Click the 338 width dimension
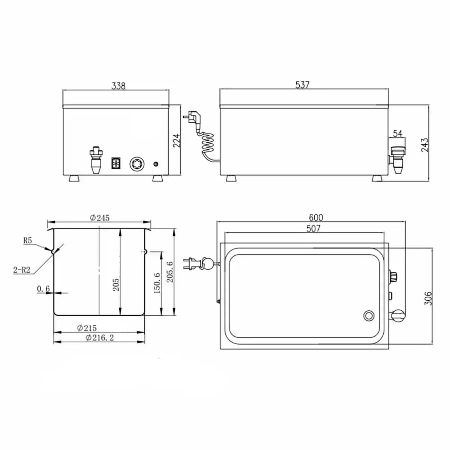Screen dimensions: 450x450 118,86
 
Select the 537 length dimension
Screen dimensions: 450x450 302,85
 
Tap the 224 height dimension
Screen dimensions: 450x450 177,140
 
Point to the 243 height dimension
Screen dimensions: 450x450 425,145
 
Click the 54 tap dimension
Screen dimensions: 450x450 398,133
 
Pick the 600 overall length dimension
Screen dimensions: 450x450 316,217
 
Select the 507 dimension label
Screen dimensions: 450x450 313,229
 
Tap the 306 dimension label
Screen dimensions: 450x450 428,298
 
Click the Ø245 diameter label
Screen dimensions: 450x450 100,217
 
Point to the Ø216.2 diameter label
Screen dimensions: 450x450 100,337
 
